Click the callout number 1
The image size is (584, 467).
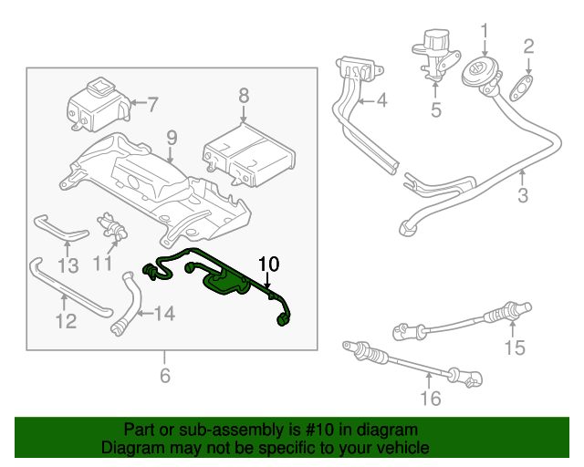(485, 31)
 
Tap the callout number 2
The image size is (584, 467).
(528, 47)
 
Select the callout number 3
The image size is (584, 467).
(523, 195)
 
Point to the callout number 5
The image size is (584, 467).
(436, 109)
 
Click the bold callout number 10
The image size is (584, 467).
(268, 264)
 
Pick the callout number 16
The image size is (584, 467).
(431, 399)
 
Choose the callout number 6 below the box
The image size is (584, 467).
(165, 376)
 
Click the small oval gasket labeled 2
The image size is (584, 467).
(521, 88)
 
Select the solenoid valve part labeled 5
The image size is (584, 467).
(435, 55)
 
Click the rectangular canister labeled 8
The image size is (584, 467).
(249, 154)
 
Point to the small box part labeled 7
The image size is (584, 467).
(99, 104)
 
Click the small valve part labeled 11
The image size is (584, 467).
(111, 225)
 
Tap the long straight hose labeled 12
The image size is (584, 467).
(69, 288)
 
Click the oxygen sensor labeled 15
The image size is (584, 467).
(463, 321)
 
